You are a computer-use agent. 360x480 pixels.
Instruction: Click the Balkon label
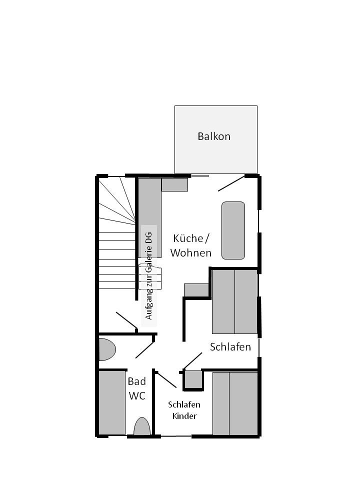214,136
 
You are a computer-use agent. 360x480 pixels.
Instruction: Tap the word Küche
188,238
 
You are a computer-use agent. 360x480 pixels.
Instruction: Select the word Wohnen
190,253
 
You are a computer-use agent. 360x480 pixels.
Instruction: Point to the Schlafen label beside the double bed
230,347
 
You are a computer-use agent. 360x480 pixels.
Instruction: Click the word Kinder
184,416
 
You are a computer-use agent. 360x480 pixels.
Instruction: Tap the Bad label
136,381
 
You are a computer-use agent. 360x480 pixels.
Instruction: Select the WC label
137,396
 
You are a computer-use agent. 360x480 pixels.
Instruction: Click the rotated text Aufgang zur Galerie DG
149,276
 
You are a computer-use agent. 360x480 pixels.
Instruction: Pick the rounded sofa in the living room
233,230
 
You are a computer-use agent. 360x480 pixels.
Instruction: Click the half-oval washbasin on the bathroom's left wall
106,349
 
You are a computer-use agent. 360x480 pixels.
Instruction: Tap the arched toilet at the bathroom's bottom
142,426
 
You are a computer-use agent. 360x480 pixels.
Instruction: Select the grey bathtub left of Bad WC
112,402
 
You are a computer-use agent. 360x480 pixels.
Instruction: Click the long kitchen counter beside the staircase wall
150,217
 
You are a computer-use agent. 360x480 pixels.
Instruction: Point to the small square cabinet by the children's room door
193,379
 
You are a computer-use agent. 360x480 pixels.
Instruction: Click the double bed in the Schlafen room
235,302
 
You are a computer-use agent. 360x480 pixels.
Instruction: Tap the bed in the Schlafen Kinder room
235,403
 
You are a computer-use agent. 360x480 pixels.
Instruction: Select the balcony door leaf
231,183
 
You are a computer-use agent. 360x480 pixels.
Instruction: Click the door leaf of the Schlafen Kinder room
166,380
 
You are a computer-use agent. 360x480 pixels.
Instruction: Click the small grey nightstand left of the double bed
196,290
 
